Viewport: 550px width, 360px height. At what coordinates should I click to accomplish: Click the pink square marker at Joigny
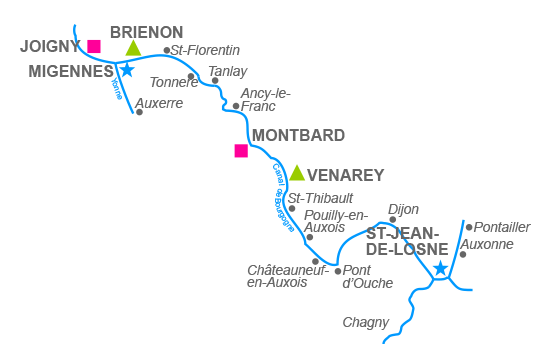(x=94, y=46)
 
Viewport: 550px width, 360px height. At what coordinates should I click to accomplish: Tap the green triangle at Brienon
(x=133, y=48)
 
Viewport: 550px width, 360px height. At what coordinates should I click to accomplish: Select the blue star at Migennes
(x=126, y=70)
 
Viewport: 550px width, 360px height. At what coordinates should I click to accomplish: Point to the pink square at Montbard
(x=241, y=151)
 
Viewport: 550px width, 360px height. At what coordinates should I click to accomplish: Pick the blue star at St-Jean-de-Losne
(x=440, y=268)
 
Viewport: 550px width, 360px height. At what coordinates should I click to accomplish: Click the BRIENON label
(x=146, y=32)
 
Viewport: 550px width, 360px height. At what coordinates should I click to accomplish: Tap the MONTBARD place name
(x=299, y=135)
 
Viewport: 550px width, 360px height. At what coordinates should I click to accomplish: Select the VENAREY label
(x=346, y=175)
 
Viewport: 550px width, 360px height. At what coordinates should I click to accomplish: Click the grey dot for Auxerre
(x=139, y=112)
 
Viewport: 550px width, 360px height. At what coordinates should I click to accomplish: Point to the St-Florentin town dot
(x=167, y=50)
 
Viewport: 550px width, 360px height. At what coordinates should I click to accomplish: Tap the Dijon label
(x=403, y=209)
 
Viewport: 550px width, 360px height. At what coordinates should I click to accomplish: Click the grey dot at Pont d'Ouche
(x=338, y=271)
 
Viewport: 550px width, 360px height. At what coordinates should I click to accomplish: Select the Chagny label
(x=365, y=322)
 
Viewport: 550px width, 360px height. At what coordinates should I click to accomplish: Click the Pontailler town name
(x=502, y=227)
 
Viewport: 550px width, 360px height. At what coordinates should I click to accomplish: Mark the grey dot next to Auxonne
(x=463, y=254)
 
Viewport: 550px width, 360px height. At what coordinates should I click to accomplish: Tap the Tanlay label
(x=228, y=71)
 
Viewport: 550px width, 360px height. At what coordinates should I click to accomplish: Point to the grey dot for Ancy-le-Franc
(x=236, y=105)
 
